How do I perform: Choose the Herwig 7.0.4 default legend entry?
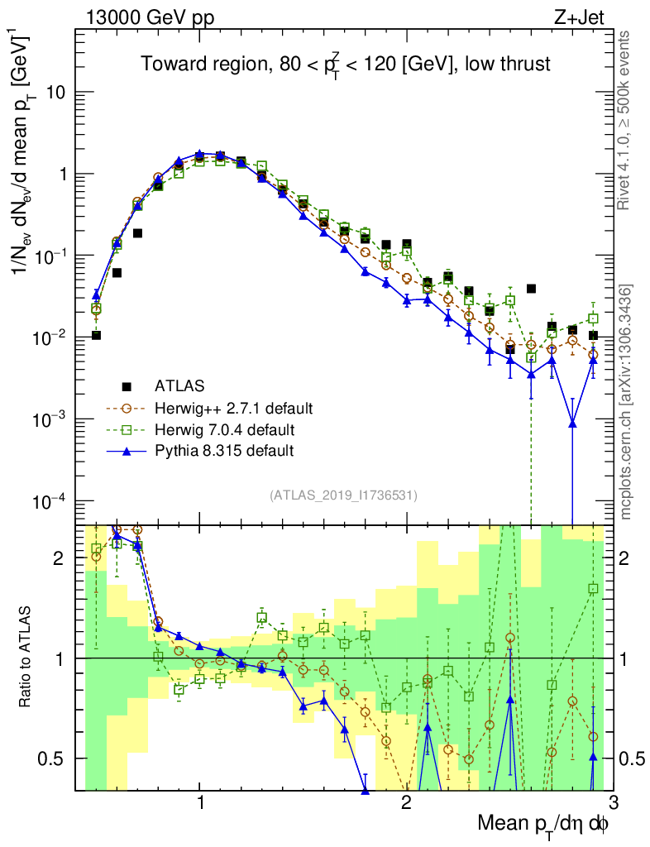click(225, 429)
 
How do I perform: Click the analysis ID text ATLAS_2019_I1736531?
click(343, 495)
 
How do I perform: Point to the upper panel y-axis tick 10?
click(57, 93)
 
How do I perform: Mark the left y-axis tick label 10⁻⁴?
click(51, 501)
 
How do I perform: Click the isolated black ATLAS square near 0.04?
click(531, 289)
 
